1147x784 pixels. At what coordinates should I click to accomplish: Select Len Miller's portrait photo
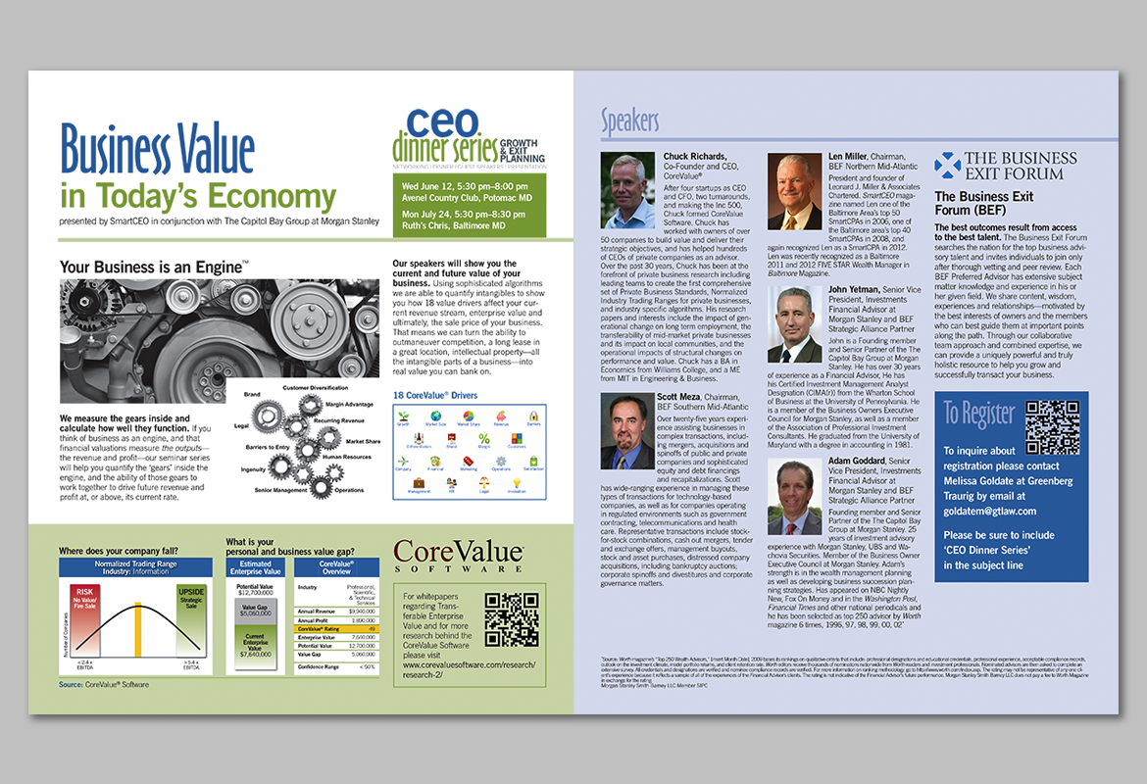(794, 191)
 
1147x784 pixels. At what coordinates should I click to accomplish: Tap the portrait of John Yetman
(795, 324)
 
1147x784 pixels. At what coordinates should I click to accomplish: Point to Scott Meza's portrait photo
(627, 431)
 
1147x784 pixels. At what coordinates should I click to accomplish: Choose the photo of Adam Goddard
(795, 496)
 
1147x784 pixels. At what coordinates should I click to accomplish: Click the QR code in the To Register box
(1051, 427)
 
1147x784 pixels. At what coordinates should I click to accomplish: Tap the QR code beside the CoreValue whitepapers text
(511, 619)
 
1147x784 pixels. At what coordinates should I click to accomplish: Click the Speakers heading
(629, 121)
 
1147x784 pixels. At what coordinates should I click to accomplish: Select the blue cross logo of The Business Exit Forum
(947, 165)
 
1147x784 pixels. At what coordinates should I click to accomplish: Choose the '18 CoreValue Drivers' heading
(435, 395)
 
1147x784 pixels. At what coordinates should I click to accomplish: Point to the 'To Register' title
(979, 414)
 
